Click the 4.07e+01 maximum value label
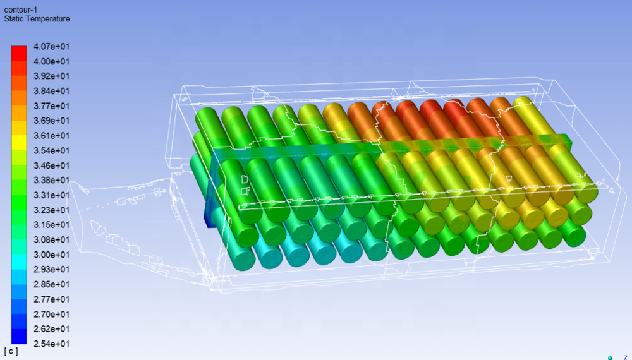pyautogui.click(x=52, y=47)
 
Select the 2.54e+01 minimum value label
pyautogui.click(x=52, y=344)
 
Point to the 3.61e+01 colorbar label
pyautogui.click(x=52, y=136)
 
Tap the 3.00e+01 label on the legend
pyautogui.click(x=52, y=255)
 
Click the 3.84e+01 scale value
pyautogui.click(x=52, y=91)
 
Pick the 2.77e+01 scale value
pyautogui.click(x=52, y=299)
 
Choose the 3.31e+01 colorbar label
pyautogui.click(x=52, y=195)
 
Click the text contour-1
pyautogui.click(x=21, y=9)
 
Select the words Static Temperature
pyautogui.click(x=37, y=19)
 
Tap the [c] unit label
pyautogui.click(x=11, y=351)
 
